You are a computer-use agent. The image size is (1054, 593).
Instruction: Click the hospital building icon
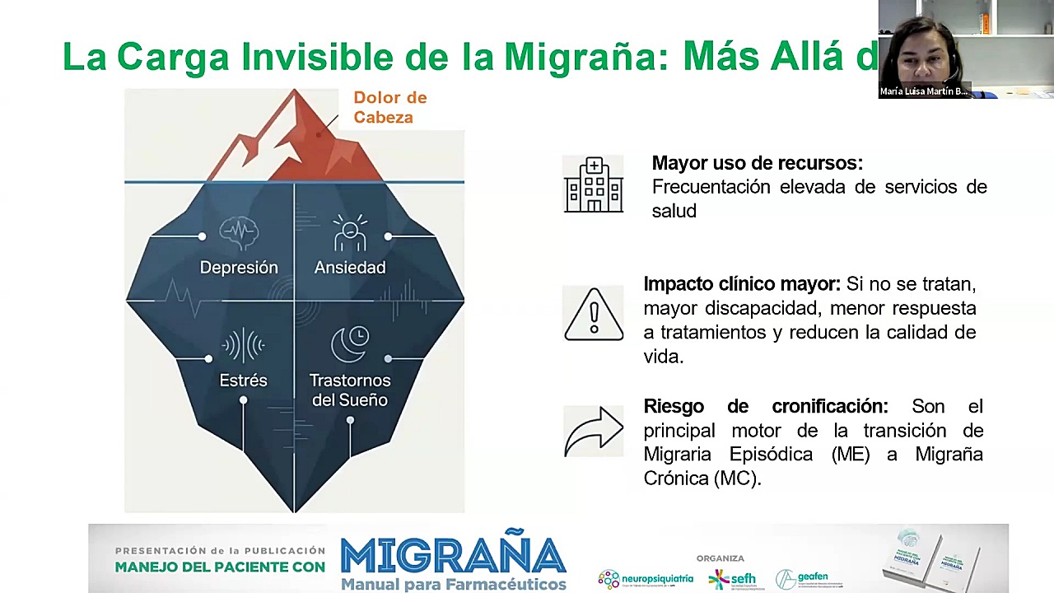[x=594, y=185]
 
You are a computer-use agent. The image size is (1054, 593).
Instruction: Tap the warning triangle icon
[x=594, y=314]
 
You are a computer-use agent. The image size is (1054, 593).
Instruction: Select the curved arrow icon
[x=594, y=430]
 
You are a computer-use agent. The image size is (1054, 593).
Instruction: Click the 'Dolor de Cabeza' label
[x=389, y=108]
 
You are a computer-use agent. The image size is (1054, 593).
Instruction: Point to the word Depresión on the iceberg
[x=239, y=268]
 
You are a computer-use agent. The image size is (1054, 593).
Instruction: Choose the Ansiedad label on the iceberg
[x=350, y=268]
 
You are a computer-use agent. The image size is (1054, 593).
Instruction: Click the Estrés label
[x=243, y=381]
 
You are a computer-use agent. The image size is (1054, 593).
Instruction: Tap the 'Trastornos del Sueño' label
[x=350, y=390]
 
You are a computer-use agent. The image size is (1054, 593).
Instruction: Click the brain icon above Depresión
[x=239, y=233]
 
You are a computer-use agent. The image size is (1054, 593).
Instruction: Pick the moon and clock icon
[x=350, y=344]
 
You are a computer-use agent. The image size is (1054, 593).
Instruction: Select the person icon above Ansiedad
[x=350, y=233]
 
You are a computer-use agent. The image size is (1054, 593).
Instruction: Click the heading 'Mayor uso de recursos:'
[x=757, y=163]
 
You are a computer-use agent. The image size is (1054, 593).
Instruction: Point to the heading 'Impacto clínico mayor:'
[x=741, y=284]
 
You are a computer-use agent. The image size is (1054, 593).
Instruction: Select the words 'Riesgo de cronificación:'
[x=765, y=406]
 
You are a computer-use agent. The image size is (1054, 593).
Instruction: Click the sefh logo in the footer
[x=732, y=579]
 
